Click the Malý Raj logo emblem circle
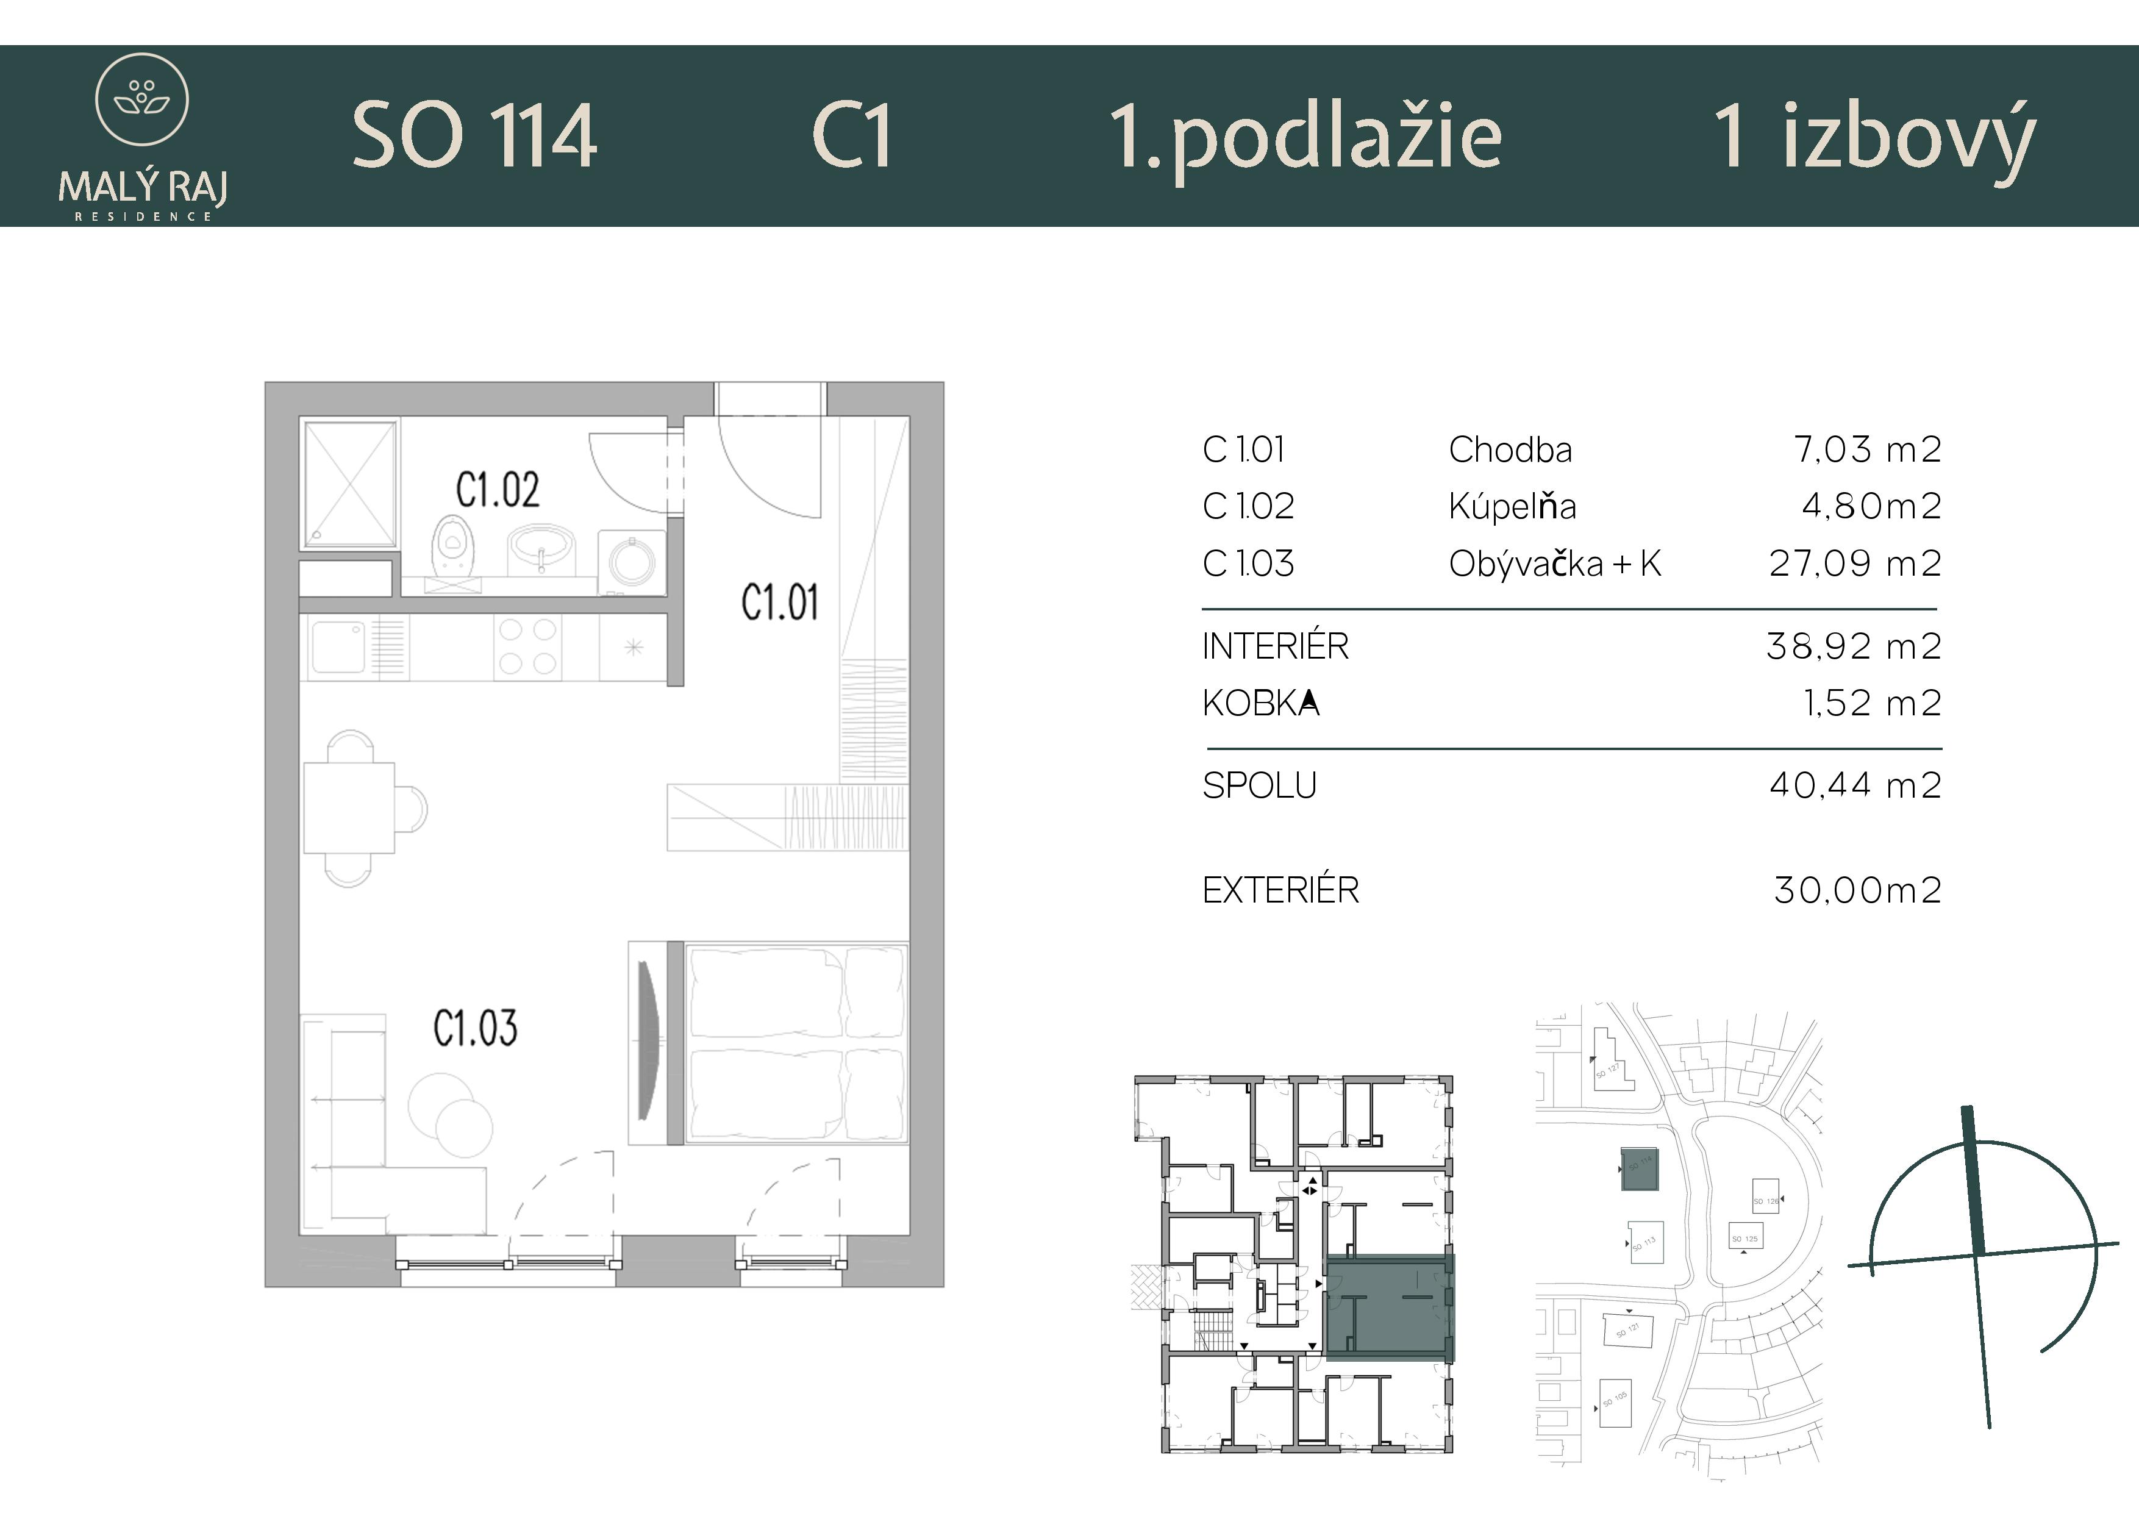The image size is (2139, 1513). tap(143, 99)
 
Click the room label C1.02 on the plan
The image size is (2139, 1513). tap(498, 490)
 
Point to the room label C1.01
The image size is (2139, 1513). tap(780, 602)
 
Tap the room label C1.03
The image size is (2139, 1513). tap(475, 1029)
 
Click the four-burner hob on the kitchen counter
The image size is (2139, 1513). tap(527, 646)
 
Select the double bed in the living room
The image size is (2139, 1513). tap(795, 1043)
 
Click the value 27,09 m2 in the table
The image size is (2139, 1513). tap(1855, 563)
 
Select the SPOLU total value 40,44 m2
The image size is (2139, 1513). tap(1855, 785)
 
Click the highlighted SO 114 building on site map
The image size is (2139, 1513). tap(1639, 1169)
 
